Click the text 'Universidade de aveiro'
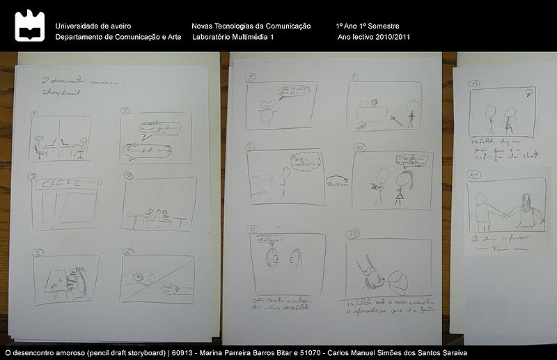point(93,26)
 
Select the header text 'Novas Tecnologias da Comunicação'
point(251,26)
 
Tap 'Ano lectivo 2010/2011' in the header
point(373,37)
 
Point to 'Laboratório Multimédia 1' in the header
point(233,37)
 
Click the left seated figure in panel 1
point(43,145)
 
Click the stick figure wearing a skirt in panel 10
point(400,188)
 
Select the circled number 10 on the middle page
point(359,148)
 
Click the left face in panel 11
point(272,257)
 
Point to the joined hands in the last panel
point(503,214)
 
